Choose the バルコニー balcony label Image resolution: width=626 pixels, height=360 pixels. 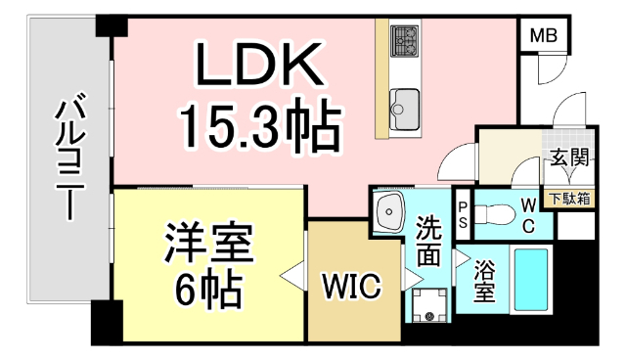pos(67,157)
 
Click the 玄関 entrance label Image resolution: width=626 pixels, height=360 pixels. pos(569,157)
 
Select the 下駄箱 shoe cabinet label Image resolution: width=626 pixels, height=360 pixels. pos(568,199)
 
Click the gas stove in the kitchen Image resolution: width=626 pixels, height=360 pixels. pos(404,42)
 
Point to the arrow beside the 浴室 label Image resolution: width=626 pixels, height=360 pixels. pos(460,259)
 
